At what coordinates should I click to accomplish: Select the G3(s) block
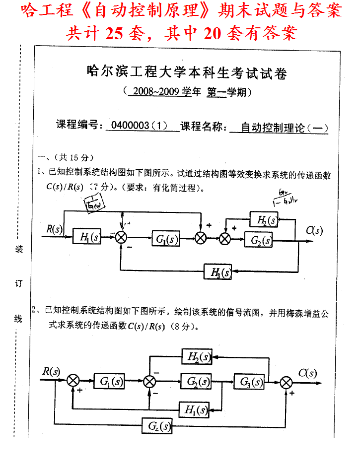251,382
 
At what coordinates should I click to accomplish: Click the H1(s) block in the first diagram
87,237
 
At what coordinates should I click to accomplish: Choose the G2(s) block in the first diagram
259,240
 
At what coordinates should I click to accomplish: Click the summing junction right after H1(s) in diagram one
121,238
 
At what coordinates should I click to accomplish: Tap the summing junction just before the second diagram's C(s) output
286,382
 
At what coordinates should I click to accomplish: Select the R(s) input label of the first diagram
54,228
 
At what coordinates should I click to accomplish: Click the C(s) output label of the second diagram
308,373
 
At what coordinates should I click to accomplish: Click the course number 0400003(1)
141,126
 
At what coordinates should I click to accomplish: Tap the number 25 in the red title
115,33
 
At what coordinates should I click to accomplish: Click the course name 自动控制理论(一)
285,127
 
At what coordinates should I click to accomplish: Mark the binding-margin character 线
18,319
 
